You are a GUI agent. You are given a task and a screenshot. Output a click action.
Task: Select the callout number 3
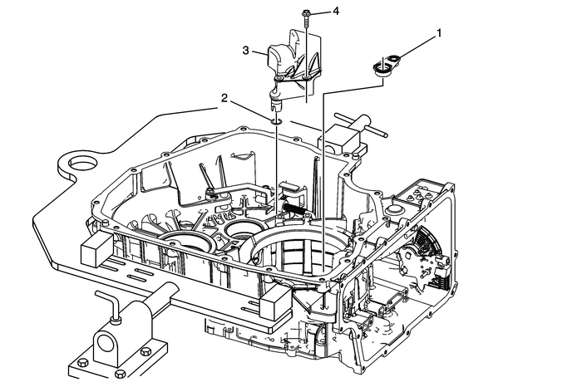point(245,51)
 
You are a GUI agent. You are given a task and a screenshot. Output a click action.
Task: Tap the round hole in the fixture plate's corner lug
point(82,164)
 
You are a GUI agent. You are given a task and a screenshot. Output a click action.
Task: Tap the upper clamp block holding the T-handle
point(342,139)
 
